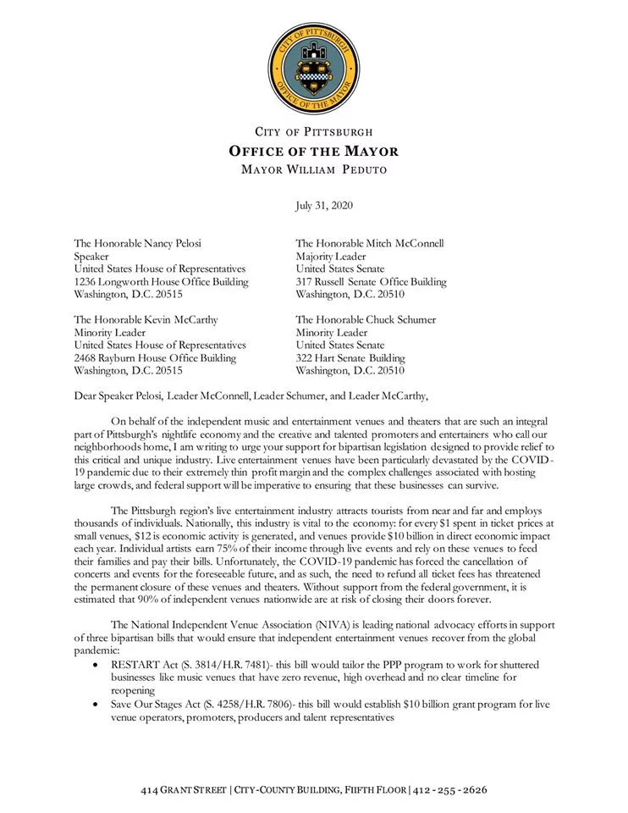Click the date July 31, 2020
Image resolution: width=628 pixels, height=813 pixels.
tap(324, 206)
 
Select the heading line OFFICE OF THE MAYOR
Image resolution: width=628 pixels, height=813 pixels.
tap(314, 152)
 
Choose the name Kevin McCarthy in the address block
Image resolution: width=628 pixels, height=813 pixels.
tap(179, 320)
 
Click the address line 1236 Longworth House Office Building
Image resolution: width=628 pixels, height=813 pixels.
tap(161, 282)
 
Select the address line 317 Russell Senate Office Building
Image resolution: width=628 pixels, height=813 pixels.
tap(372, 282)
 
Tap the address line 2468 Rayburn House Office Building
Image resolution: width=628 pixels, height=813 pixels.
tap(155, 358)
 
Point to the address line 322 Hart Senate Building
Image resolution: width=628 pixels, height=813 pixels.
tap(350, 358)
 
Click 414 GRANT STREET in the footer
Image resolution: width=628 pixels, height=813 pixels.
tap(184, 790)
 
